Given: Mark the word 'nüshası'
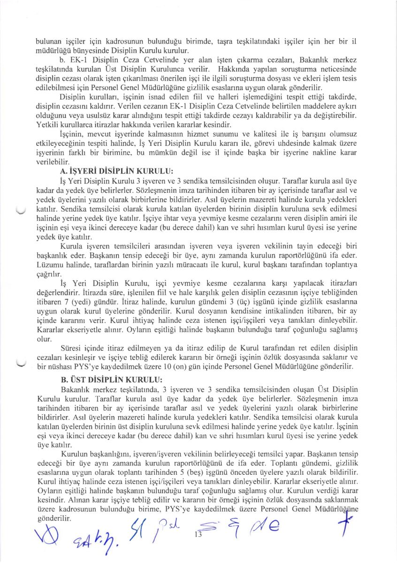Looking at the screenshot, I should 59,367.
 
